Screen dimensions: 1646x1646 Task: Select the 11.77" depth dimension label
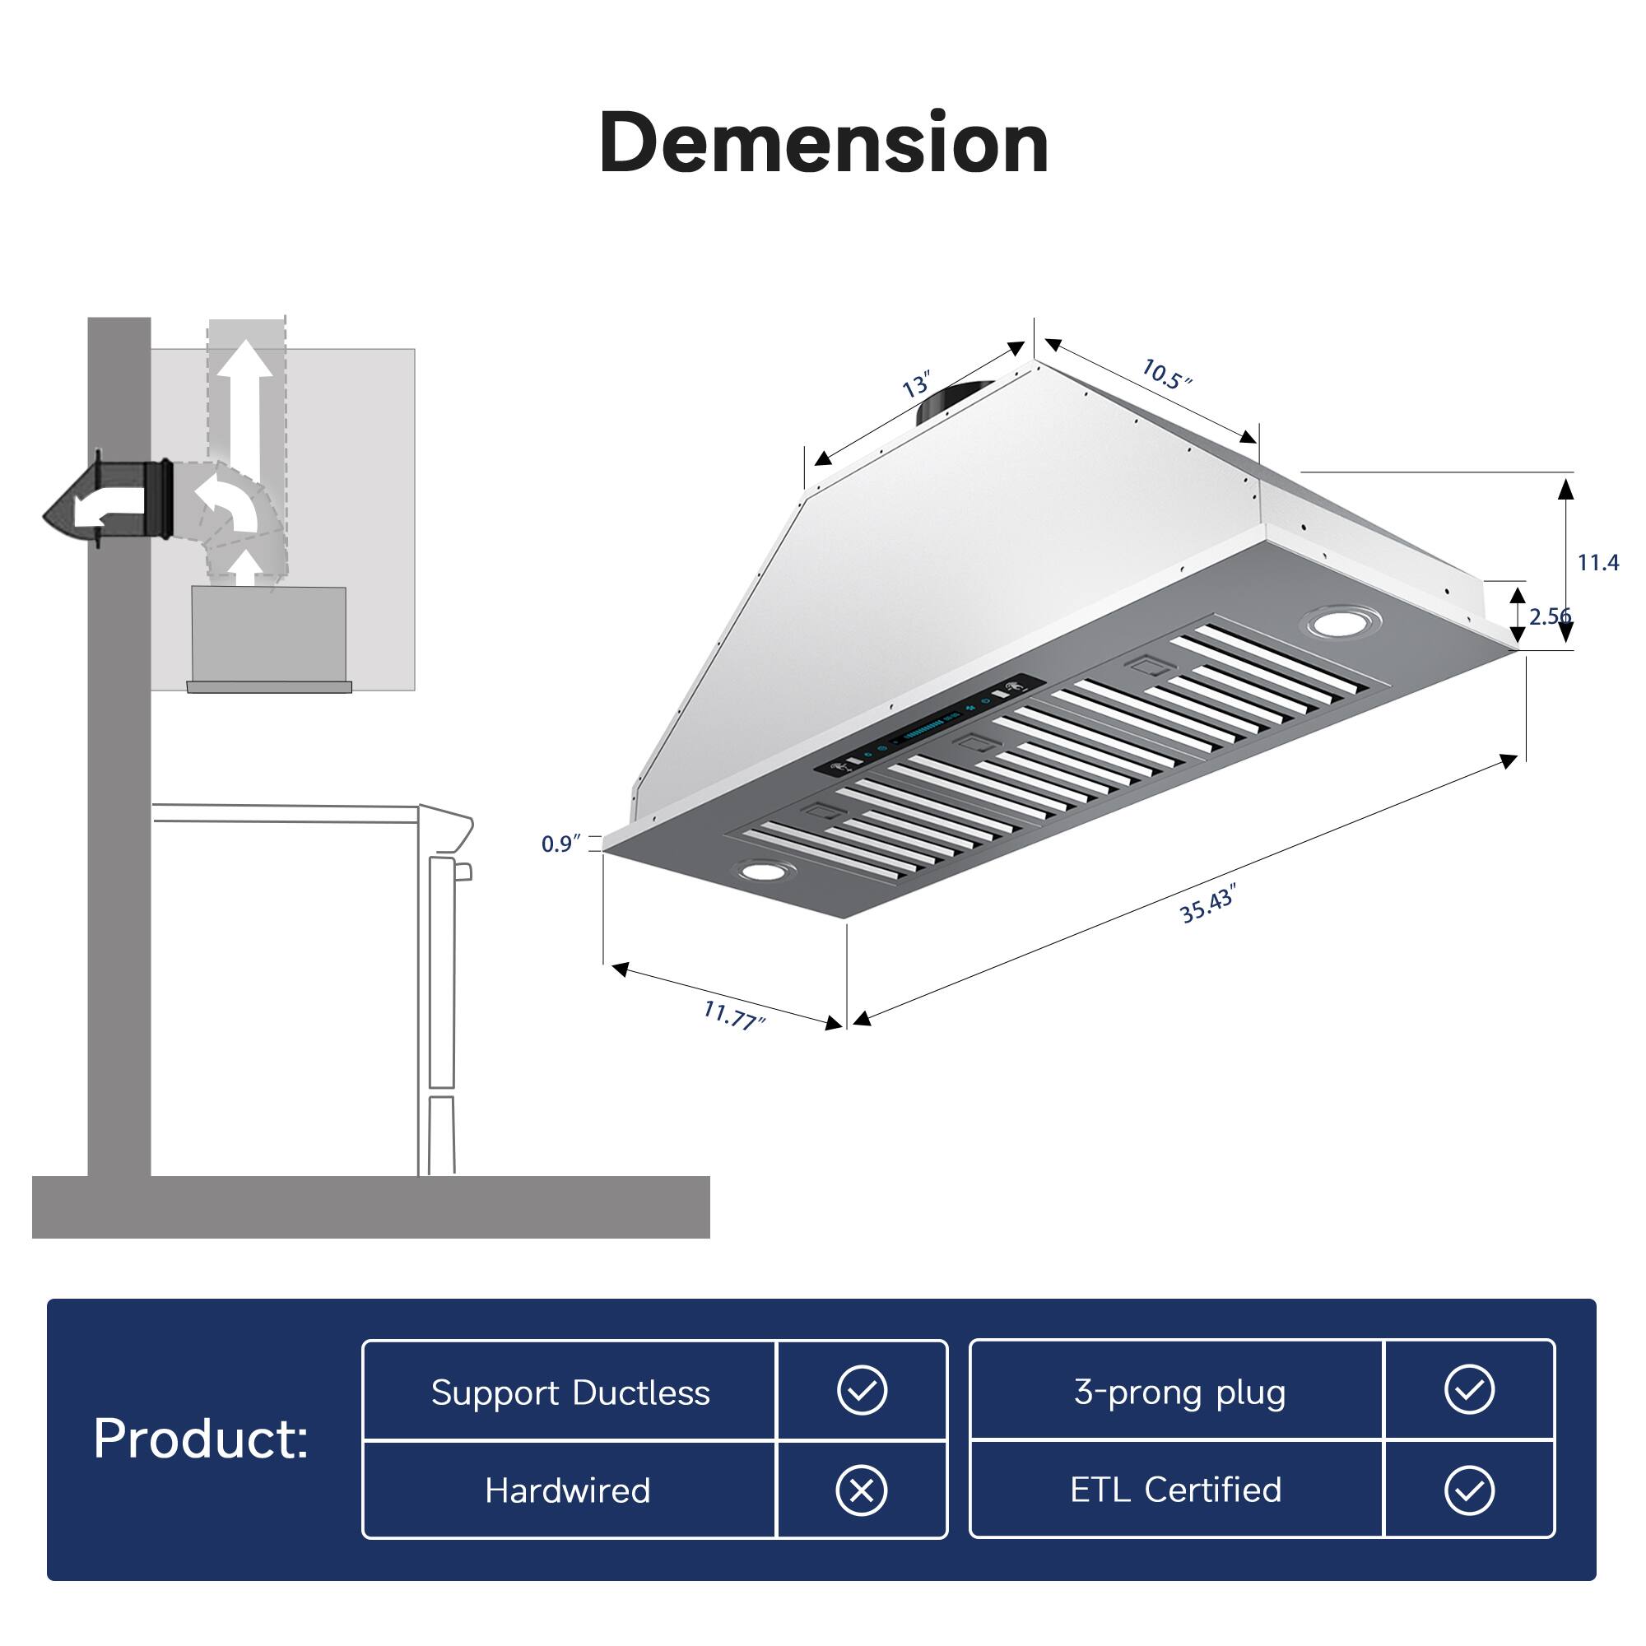pos(733,1014)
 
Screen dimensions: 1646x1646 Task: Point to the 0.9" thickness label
pos(560,844)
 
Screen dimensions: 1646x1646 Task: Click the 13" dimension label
pos(917,385)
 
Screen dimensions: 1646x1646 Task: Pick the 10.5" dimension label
pos(1166,374)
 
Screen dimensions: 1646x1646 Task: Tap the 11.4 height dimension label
pos(1597,562)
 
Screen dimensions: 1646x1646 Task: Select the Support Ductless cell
pos(570,1393)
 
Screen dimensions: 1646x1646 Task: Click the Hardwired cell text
pos(567,1490)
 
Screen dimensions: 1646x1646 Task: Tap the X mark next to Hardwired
pos(862,1490)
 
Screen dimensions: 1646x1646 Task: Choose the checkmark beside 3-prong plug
pos(1469,1390)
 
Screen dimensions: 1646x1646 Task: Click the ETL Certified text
pos(1176,1490)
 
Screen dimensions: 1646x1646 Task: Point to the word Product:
pos(201,1439)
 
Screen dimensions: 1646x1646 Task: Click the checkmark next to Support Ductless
pos(862,1390)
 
